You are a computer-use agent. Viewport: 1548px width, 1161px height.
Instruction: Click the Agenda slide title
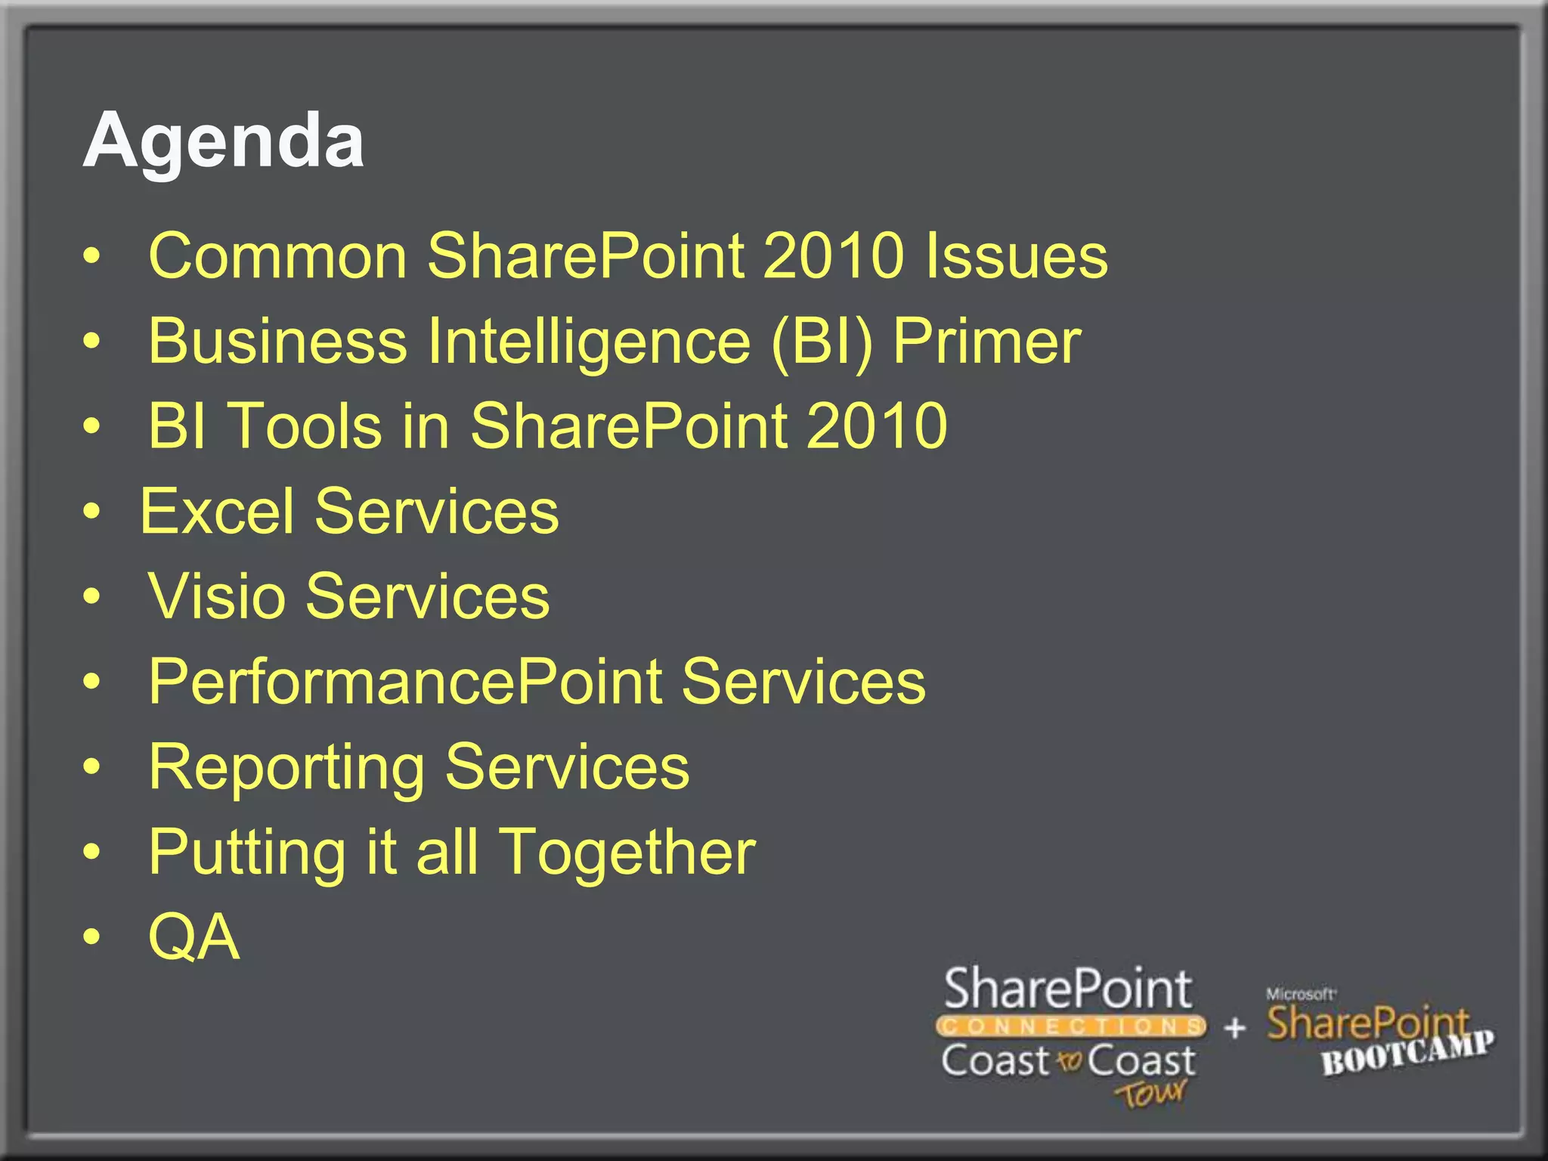point(224,141)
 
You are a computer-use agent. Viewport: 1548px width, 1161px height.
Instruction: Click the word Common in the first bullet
point(277,255)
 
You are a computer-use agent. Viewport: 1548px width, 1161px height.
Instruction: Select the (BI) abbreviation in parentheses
point(822,342)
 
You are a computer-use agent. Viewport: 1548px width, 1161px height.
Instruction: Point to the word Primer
point(986,342)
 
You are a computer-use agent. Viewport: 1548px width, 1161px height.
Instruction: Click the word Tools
point(305,426)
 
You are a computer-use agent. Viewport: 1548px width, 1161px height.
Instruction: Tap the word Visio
point(217,596)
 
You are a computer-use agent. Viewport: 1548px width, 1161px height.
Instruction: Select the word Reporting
point(286,768)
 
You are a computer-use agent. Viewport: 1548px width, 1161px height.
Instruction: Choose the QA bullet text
point(193,937)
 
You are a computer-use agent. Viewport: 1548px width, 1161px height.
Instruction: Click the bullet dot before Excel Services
point(91,512)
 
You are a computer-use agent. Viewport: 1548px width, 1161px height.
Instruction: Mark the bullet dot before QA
point(91,938)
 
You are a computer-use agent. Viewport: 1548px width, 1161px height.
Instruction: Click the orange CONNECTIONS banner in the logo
point(1070,1026)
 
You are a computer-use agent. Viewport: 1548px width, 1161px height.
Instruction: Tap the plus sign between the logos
point(1234,1028)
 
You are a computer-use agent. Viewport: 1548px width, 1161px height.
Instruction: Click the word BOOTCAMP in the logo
point(1407,1053)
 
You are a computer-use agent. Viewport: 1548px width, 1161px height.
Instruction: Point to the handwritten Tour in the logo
point(1150,1093)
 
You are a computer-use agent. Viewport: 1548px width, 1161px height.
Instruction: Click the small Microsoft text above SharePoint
point(1301,994)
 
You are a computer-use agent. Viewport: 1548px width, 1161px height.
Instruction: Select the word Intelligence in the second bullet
point(589,342)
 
